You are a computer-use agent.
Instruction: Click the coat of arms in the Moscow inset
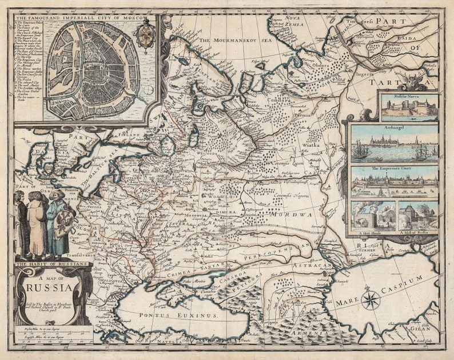click(x=144, y=35)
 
